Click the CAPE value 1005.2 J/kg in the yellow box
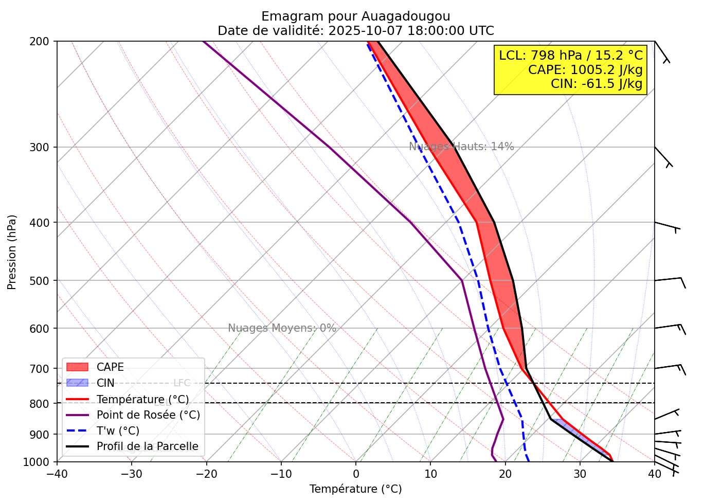(x=585, y=69)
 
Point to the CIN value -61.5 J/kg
(x=597, y=83)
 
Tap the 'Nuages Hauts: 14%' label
(x=461, y=147)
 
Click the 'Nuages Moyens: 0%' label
(x=282, y=328)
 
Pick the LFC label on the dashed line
(x=182, y=383)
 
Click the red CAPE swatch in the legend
(x=78, y=367)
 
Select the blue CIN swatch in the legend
(x=78, y=383)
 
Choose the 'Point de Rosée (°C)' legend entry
(x=148, y=415)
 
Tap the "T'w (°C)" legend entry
(x=118, y=431)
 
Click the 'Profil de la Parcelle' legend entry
(x=147, y=446)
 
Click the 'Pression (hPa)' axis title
(x=12, y=252)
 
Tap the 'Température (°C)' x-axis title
(x=355, y=489)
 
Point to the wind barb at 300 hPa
(x=663, y=157)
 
